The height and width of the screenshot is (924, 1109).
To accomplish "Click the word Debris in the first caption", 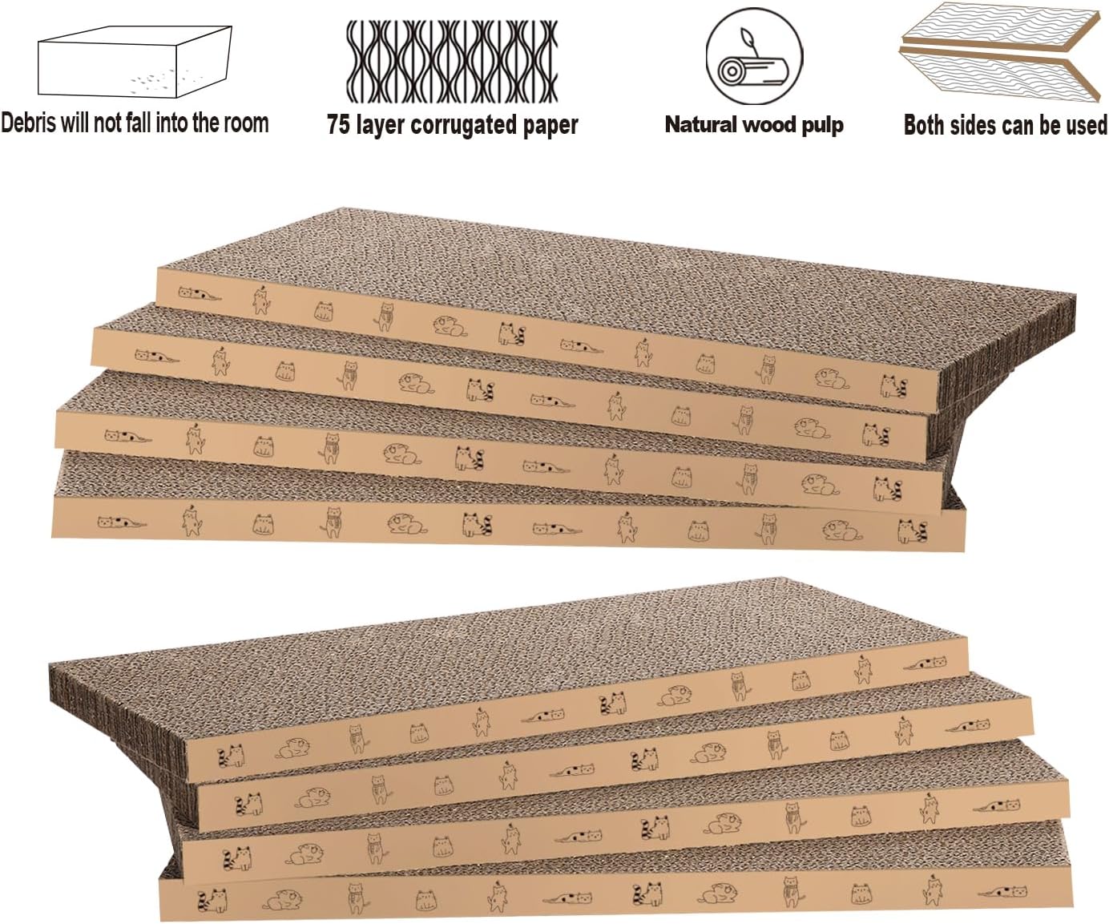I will [x=29, y=123].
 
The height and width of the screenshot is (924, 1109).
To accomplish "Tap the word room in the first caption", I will [x=246, y=123].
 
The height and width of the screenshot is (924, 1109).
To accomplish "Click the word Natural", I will [x=700, y=125].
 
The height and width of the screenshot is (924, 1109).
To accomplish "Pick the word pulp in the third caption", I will [x=822, y=126].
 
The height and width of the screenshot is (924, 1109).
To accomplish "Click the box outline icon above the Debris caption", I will [x=135, y=63].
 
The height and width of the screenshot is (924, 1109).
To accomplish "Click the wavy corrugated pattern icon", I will [x=451, y=61].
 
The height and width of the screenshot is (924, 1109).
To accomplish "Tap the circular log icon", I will [x=753, y=55].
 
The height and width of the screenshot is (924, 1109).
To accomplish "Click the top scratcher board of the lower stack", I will [x=513, y=641].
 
